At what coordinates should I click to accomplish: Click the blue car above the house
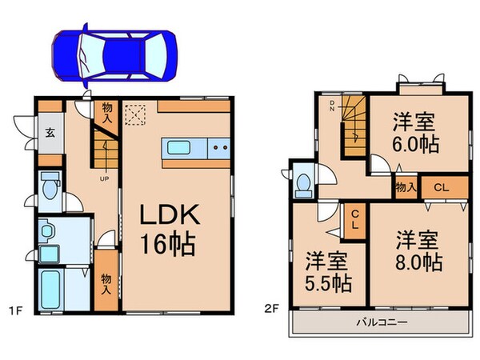pos(115,55)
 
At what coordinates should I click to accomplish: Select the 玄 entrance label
pos(50,134)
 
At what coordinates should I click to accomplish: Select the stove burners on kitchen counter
pos(220,147)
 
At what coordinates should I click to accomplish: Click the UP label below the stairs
pos(104,178)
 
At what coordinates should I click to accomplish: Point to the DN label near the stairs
pos(332,108)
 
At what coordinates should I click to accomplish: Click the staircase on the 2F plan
pos(353,132)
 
